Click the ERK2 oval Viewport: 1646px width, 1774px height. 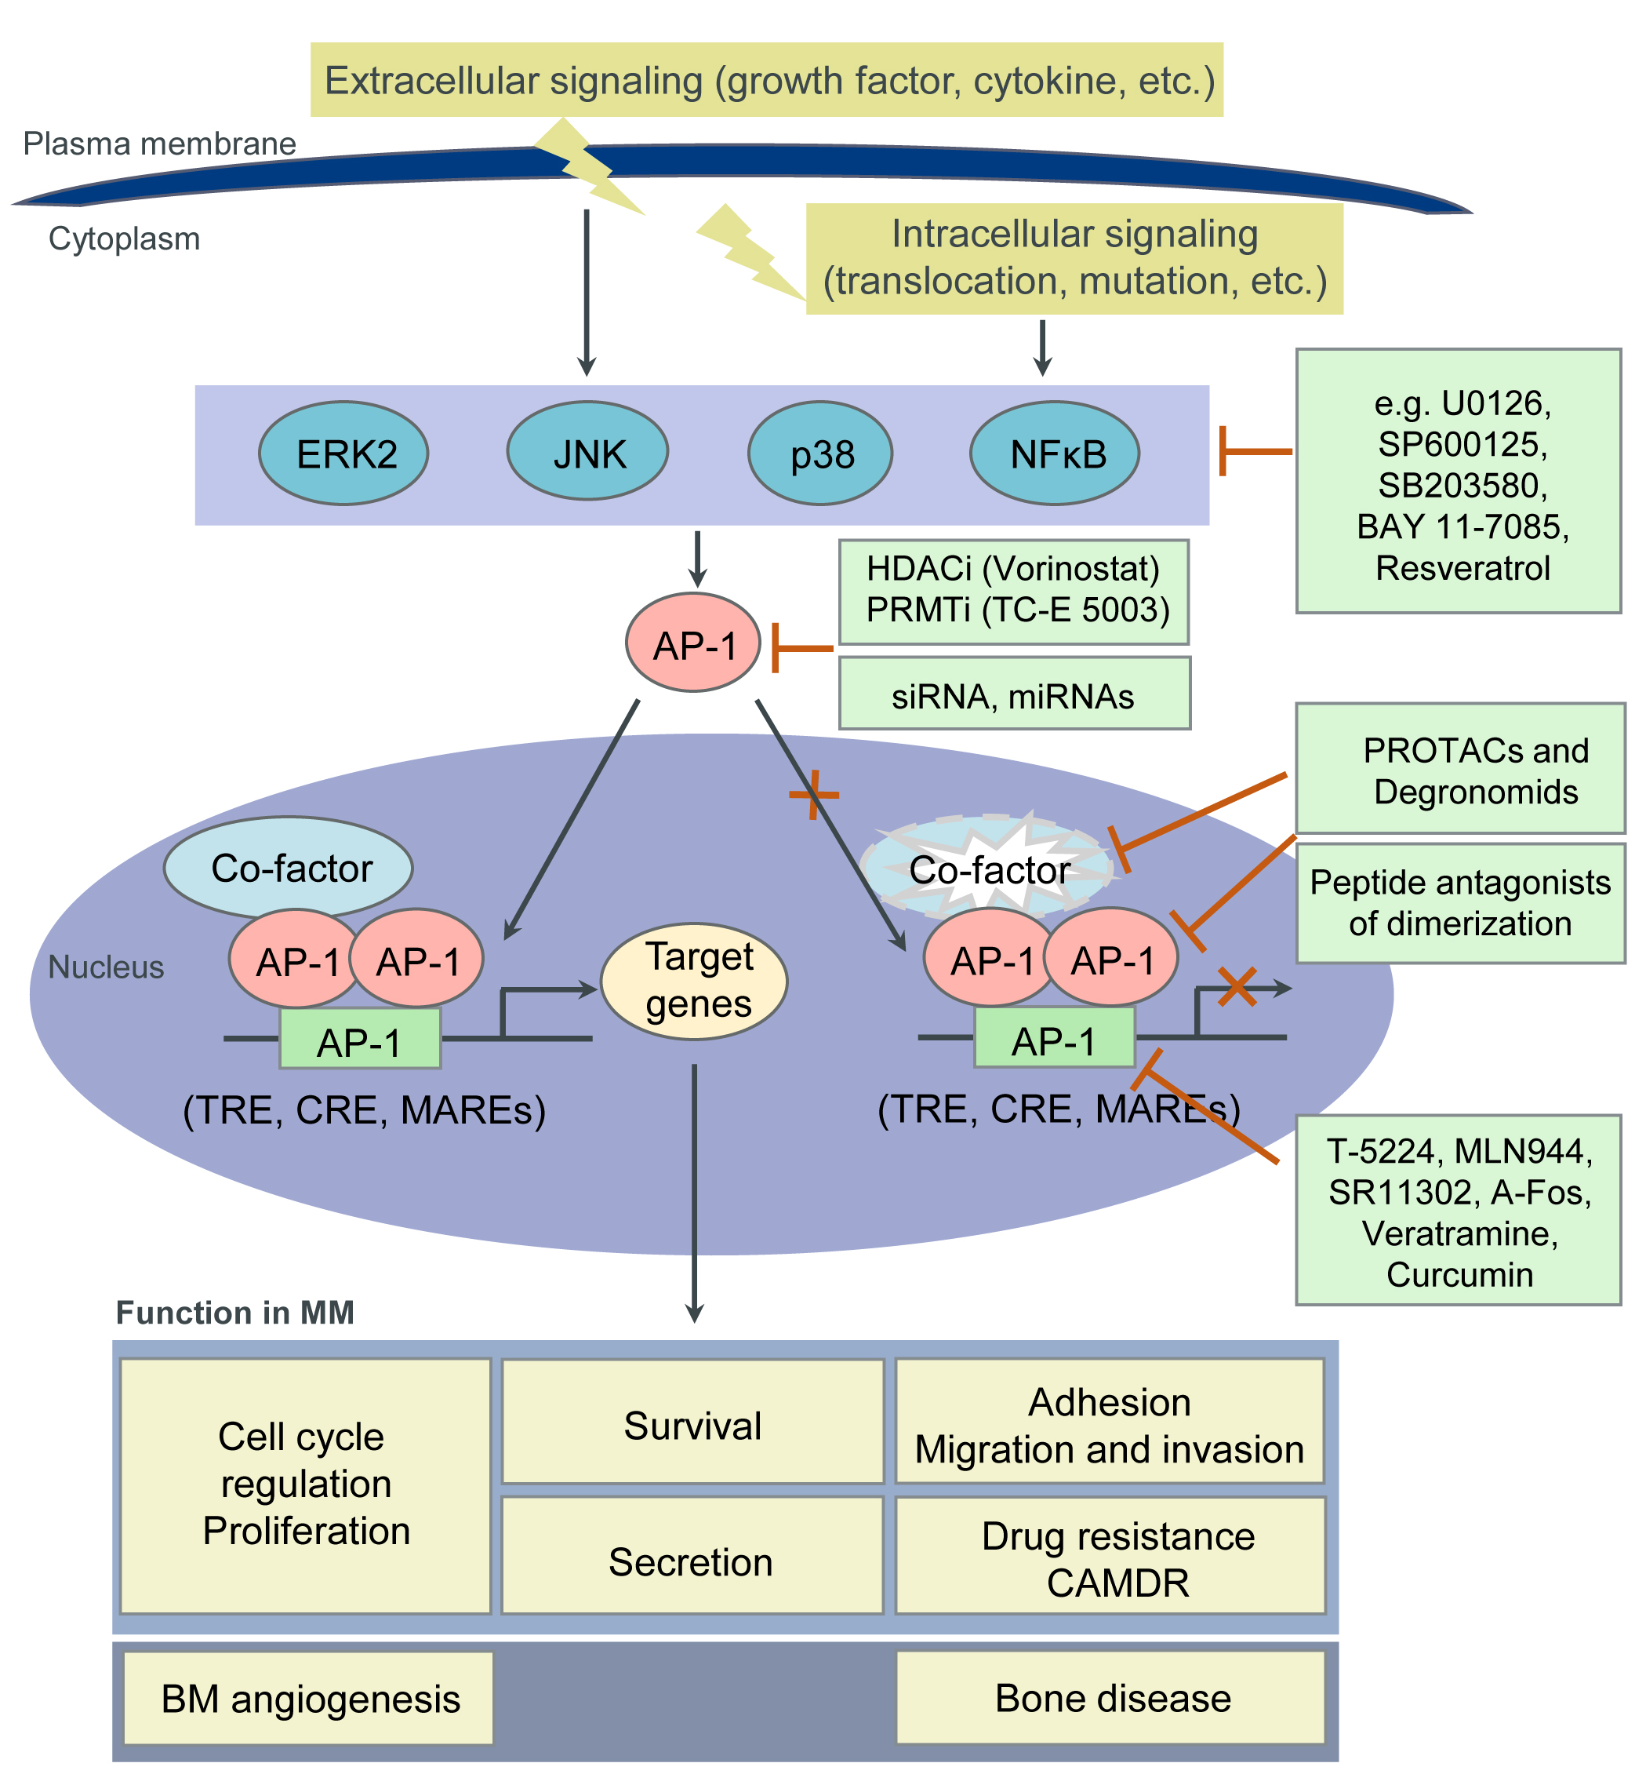343,454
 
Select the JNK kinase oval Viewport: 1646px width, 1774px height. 588,451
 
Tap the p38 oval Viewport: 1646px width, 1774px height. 820,454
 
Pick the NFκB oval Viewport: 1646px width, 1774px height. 1055,454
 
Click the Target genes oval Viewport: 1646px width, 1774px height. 694,981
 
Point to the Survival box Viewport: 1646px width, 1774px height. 693,1426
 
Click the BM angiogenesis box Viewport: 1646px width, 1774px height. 309,1698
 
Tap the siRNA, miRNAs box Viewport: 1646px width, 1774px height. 1014,695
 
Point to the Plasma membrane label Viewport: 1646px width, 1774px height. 159,144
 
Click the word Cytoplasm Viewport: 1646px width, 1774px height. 124,239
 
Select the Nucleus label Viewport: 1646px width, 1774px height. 106,967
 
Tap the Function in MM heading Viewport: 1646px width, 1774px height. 235,1313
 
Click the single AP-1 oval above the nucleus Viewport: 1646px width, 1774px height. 693,643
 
